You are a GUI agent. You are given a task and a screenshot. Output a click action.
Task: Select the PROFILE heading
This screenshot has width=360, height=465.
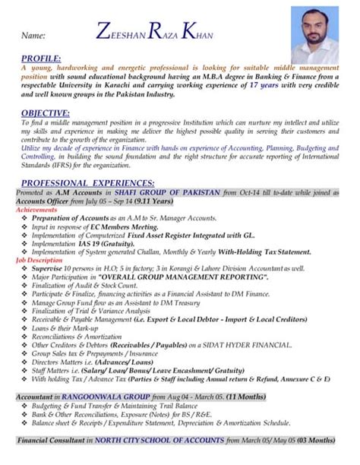pos(42,59)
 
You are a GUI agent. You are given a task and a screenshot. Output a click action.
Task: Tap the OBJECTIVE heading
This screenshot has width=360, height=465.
pos(46,113)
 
